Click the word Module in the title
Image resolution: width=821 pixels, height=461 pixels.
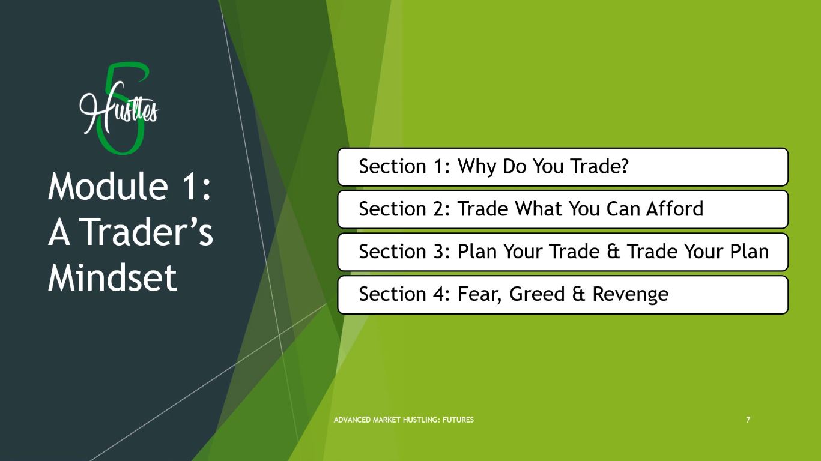(108, 186)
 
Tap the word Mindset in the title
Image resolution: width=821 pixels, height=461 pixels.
(112, 277)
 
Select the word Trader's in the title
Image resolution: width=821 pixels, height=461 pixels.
(146, 232)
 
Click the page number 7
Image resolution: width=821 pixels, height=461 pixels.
(748, 420)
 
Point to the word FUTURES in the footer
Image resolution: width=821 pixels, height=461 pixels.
(458, 420)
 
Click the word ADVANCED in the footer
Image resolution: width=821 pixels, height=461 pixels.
(352, 420)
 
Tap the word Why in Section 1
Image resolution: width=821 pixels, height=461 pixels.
(477, 167)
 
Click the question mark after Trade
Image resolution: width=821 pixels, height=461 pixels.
(625, 166)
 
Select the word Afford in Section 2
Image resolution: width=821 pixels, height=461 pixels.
(674, 208)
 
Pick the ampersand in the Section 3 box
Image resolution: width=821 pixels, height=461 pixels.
(613, 252)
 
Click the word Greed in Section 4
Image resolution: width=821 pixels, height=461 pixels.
(537, 294)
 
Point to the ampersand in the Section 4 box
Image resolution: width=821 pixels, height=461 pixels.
(578, 294)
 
